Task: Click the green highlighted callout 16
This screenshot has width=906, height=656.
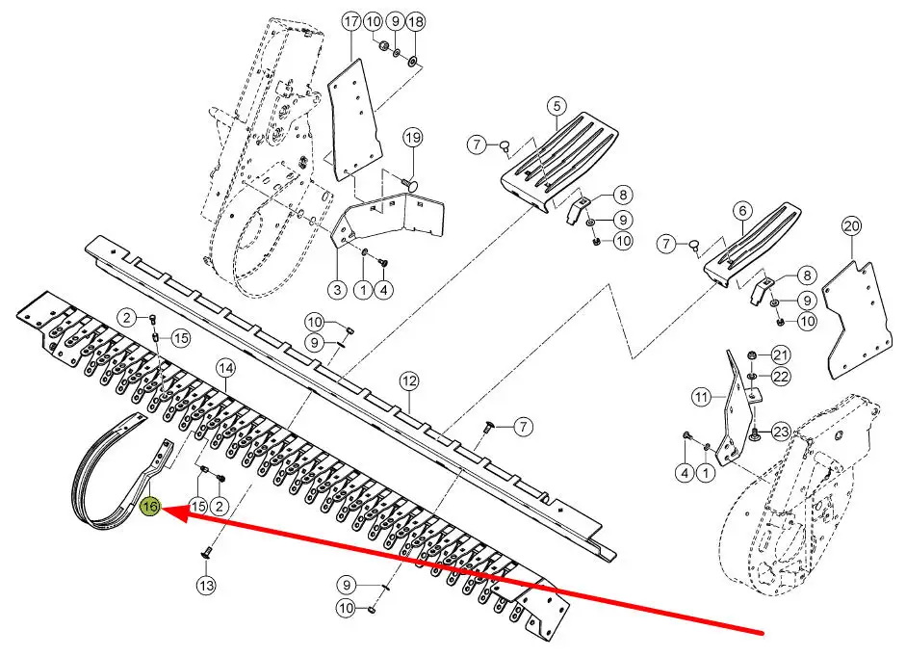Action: click(150, 507)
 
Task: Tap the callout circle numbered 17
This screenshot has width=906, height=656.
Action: click(351, 22)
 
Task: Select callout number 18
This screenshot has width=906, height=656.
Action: click(415, 22)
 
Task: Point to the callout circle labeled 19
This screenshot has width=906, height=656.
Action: click(412, 138)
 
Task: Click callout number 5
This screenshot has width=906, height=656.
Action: click(557, 106)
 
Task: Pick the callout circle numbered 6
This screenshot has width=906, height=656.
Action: click(743, 211)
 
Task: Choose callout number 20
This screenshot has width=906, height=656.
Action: click(852, 226)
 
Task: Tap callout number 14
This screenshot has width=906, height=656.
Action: click(226, 368)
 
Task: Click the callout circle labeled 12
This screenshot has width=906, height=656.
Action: click(409, 381)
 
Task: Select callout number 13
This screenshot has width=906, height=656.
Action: click(206, 586)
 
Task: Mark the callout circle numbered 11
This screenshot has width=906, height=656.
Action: click(702, 397)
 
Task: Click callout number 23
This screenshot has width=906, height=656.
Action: click(781, 432)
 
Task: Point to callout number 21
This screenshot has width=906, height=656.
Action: click(781, 354)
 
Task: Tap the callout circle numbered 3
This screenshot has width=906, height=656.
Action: click(337, 290)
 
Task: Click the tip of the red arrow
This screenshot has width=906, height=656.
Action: click(163, 509)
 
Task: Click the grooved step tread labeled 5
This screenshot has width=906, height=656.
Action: click(559, 162)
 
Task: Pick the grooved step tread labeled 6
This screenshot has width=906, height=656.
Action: click(751, 245)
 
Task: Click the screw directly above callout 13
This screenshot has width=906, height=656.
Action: click(207, 552)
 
